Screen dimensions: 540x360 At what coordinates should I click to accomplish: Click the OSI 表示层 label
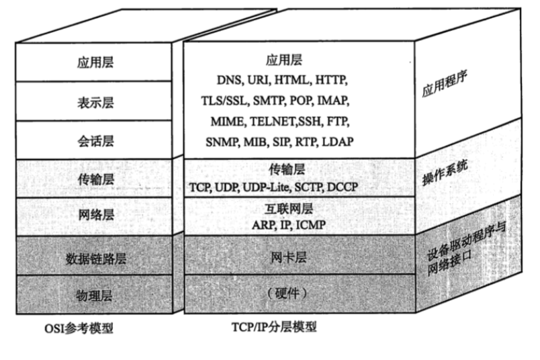(x=95, y=102)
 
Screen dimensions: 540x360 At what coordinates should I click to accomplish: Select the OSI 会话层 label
(x=95, y=140)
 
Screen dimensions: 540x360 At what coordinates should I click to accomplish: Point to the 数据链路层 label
(x=95, y=257)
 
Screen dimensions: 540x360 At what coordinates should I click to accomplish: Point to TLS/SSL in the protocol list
(x=225, y=101)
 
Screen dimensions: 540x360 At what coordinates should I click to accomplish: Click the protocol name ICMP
(x=309, y=223)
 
